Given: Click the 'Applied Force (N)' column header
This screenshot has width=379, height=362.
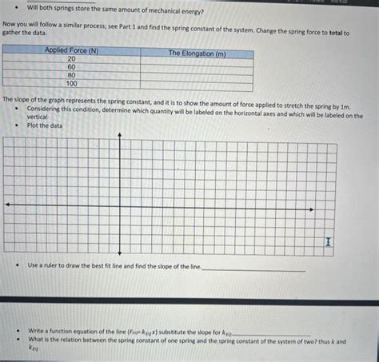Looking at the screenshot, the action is [x=71, y=51].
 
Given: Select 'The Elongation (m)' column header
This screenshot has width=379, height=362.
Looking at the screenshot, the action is [x=197, y=53].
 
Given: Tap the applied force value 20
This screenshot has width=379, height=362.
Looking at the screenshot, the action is [x=71, y=59].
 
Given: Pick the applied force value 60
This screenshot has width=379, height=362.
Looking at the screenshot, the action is [x=71, y=67].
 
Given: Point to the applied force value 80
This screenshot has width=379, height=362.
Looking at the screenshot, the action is [x=71, y=75].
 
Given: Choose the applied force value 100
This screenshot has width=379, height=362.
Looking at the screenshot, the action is [x=71, y=83].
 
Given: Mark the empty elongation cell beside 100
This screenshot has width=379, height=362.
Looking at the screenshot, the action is [x=197, y=83].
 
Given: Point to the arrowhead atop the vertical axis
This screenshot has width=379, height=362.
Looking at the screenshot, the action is [x=120, y=135].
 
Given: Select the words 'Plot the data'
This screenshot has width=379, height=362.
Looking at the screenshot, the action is [x=45, y=125].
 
